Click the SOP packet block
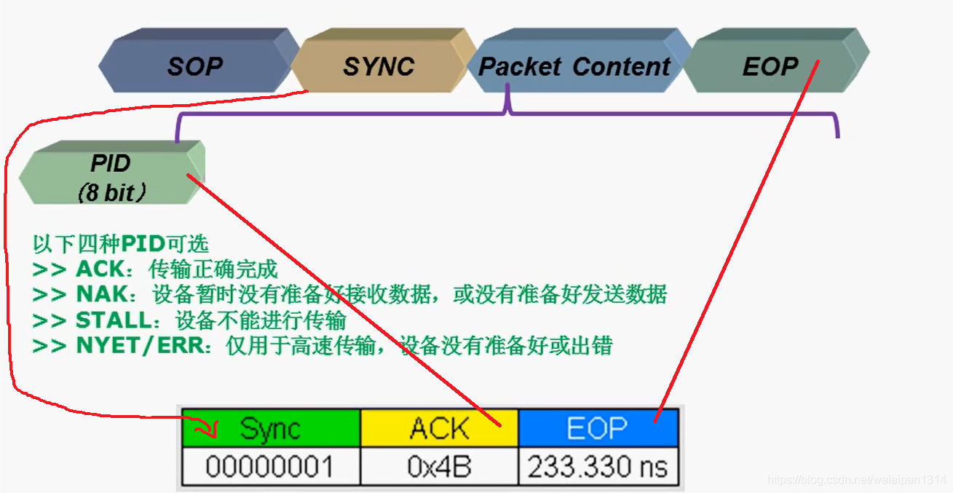(194, 67)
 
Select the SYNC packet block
(379, 67)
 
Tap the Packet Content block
(574, 67)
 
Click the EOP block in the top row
(770, 67)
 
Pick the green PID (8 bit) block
(111, 177)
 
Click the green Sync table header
(271, 428)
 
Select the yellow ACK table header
(439, 428)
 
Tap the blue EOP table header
(597, 428)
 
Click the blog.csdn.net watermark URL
(856, 480)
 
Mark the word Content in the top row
(621, 67)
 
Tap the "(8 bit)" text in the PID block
(111, 193)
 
